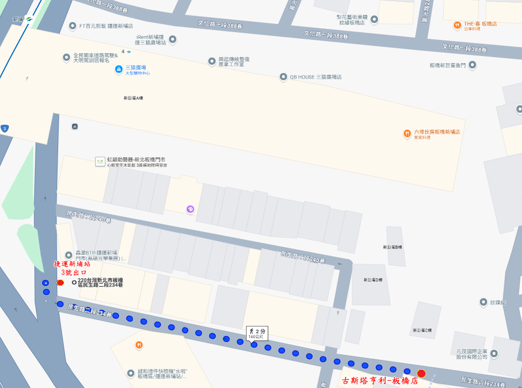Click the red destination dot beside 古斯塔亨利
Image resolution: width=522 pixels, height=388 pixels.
pos(421,374)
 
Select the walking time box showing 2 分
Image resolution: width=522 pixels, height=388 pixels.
pos(257,333)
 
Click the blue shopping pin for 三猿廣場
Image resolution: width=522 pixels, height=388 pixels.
pos(118,69)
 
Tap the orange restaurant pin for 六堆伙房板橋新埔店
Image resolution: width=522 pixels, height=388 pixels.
pos(407,134)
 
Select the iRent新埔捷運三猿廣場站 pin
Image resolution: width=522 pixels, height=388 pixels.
pos(172,39)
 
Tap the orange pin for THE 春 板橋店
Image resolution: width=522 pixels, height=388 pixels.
pos(457,25)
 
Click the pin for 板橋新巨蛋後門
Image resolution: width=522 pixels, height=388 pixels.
pos(472,65)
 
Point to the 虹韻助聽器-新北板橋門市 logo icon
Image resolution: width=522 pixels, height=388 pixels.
pos(100,161)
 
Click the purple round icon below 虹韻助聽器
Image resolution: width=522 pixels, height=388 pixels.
pos(190,209)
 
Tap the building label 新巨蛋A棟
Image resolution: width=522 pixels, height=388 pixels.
pos(133,98)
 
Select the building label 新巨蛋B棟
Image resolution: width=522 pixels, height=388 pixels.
pos(392,247)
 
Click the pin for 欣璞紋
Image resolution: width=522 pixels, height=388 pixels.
pos(484,302)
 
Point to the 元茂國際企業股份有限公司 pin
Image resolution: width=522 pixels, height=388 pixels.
pos(494,353)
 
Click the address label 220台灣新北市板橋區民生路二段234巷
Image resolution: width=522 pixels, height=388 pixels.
pos(100,283)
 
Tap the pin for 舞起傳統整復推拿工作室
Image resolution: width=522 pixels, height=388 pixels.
pos(212,61)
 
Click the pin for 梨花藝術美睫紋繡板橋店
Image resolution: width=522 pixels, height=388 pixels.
pos(374,19)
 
